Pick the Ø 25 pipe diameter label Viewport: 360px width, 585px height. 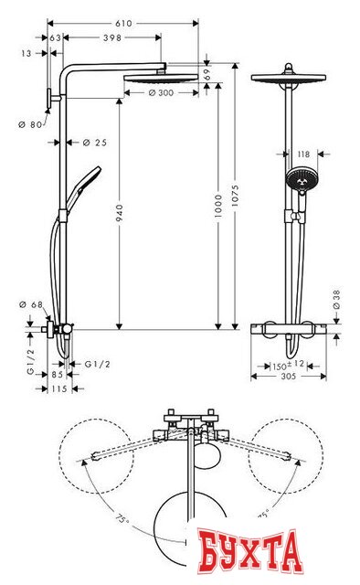94,142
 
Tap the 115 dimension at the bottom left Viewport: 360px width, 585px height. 58,388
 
